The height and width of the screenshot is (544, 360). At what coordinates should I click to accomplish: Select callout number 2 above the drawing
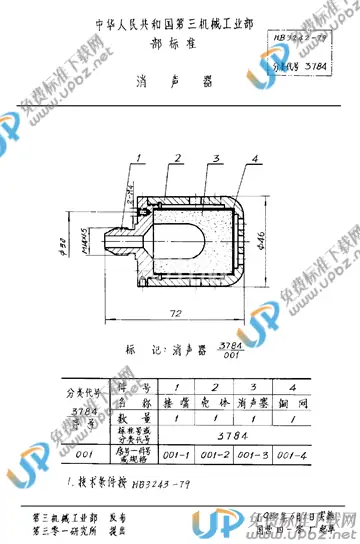coord(176,157)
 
